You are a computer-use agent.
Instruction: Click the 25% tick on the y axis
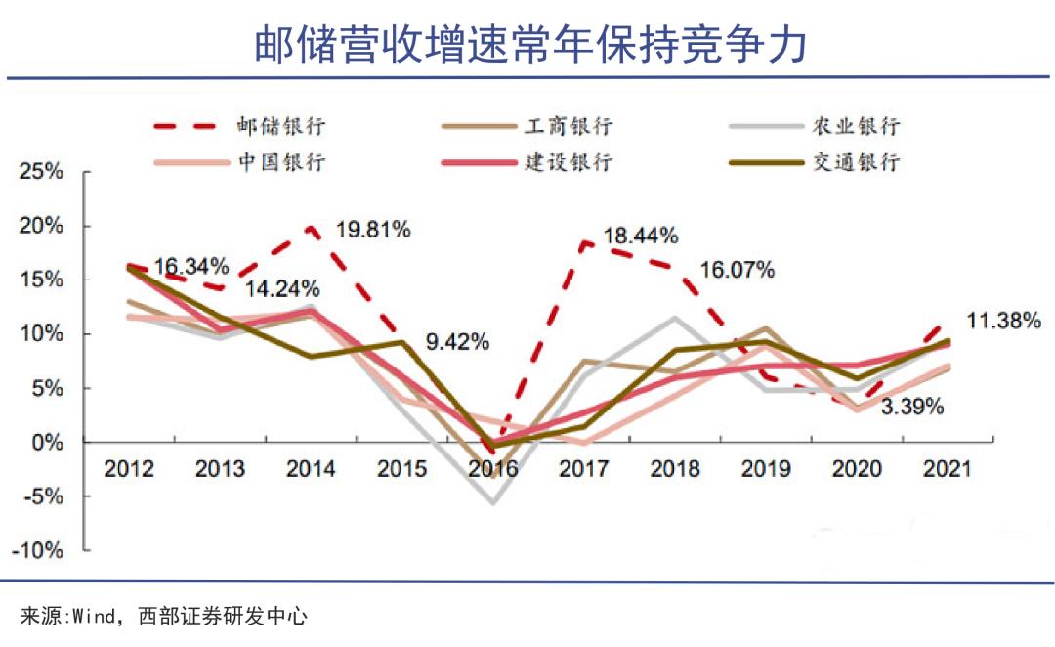click(x=43, y=173)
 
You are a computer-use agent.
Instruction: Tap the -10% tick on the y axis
click(x=39, y=550)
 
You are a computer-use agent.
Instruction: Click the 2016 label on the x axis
click(x=491, y=469)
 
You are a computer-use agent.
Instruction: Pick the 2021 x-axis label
click(x=946, y=469)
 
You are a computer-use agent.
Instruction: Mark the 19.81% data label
click(x=372, y=230)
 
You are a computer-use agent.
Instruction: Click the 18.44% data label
click(x=641, y=236)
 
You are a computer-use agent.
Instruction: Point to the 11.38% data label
click(x=1003, y=320)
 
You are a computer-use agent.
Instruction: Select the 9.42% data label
click(x=457, y=342)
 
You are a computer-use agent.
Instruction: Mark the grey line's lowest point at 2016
click(x=493, y=502)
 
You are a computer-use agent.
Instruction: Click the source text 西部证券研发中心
click(x=223, y=617)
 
